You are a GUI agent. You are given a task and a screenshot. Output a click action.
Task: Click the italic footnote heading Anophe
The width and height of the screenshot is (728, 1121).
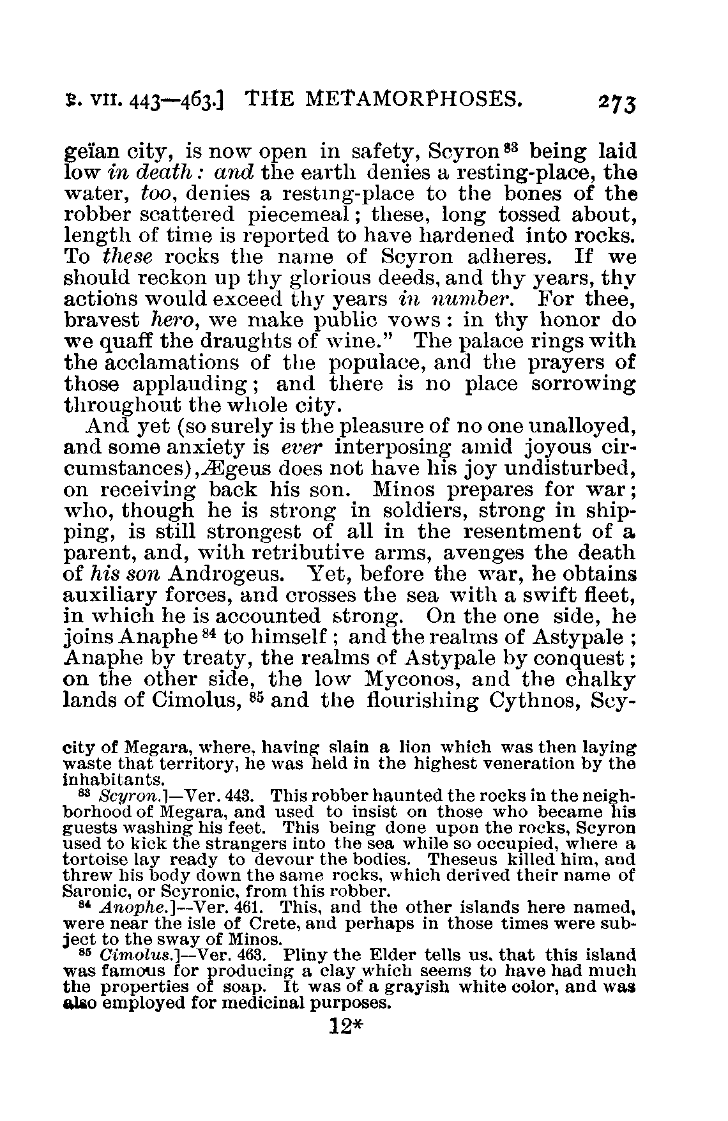(x=129, y=907)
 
